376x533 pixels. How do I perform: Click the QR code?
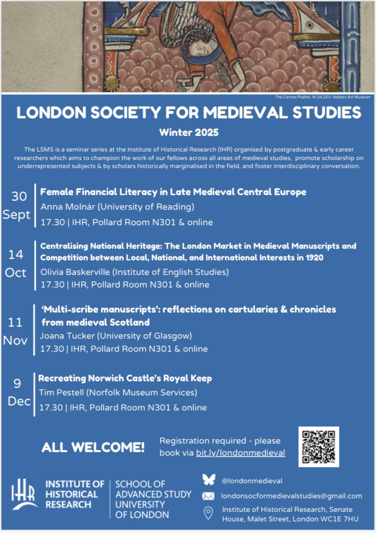(318, 447)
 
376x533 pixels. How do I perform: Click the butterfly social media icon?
(209, 480)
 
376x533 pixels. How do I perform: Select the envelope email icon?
(208, 496)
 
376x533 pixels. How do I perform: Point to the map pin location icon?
(208, 513)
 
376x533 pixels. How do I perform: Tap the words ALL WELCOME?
(93, 447)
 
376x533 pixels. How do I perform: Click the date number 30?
(19, 196)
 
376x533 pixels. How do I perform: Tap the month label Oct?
(16, 273)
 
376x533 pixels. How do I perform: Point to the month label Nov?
(16, 340)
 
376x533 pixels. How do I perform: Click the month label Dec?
(19, 402)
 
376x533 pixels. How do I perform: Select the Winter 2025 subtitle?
(189, 132)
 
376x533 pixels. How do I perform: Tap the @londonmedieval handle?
(252, 480)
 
